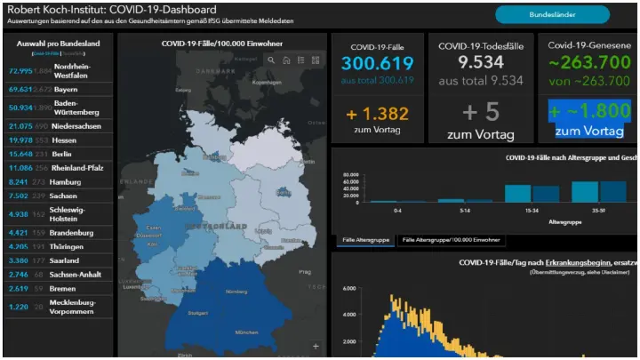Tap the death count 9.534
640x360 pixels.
[x=481, y=62]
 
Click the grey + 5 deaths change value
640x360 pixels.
[x=481, y=114]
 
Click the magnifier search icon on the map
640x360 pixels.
[x=271, y=60]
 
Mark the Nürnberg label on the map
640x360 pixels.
[x=236, y=292]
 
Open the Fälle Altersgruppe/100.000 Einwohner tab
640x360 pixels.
[x=451, y=240]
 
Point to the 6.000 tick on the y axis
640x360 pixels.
[x=349, y=289]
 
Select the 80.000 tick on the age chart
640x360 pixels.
[x=349, y=175]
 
